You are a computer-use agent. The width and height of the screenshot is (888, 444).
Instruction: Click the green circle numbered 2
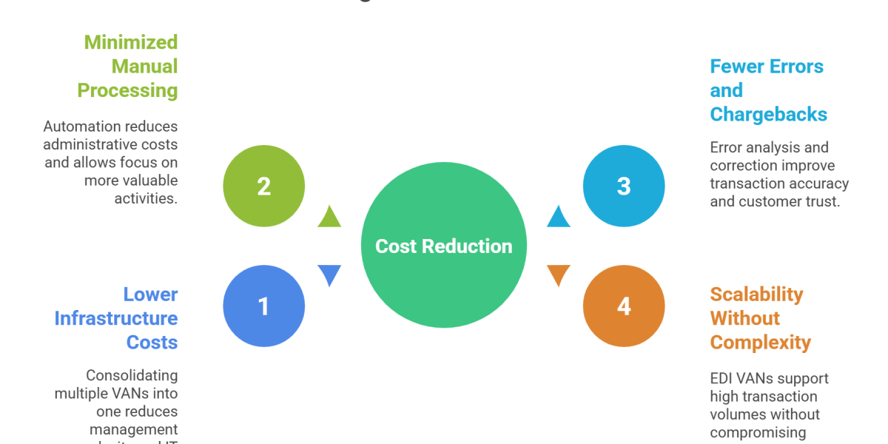tap(263, 186)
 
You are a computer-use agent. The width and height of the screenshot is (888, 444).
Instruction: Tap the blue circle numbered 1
tap(263, 306)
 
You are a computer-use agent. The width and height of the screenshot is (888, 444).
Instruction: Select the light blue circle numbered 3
tap(624, 186)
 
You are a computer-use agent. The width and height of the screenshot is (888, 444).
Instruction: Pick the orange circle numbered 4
tap(624, 306)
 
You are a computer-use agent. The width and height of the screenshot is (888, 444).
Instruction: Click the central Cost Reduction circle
tap(444, 246)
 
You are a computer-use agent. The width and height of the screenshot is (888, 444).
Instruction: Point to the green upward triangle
tap(329, 217)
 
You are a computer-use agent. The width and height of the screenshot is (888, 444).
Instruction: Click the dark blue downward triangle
tap(329, 275)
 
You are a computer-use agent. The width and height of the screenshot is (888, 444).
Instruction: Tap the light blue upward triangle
tap(559, 217)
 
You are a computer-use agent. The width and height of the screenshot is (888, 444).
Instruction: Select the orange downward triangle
tap(559, 275)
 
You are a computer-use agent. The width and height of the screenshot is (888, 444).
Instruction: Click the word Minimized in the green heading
tap(130, 42)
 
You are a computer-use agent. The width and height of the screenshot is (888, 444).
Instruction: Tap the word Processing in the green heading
tap(127, 91)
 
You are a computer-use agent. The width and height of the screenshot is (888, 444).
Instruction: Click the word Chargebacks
tap(768, 115)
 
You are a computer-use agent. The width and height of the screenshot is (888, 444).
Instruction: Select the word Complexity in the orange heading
tap(760, 343)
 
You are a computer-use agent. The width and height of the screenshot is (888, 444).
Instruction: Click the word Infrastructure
tap(116, 319)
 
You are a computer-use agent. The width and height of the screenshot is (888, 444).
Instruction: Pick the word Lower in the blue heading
tap(150, 295)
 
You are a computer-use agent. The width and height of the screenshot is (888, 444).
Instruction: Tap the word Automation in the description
tap(77, 127)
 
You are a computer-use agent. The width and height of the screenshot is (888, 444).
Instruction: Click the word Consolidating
tap(132, 376)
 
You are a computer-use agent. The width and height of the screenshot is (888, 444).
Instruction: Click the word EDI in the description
tap(721, 379)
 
